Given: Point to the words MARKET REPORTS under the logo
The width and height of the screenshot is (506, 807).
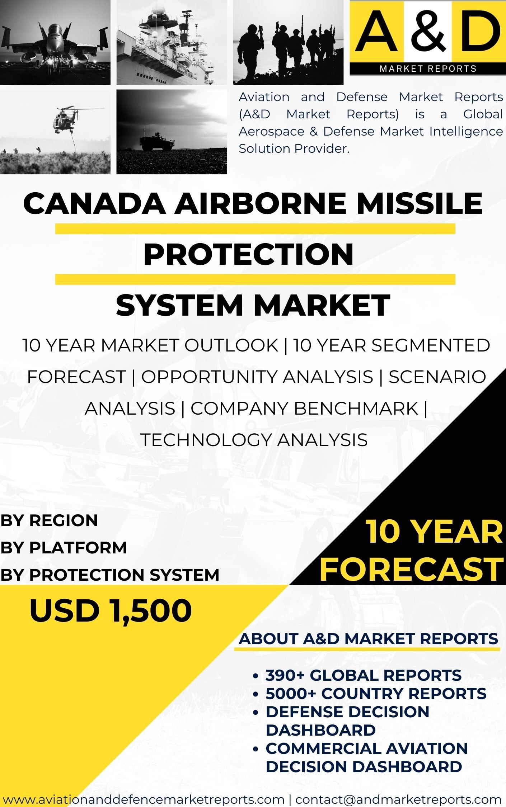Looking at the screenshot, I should click(428, 69).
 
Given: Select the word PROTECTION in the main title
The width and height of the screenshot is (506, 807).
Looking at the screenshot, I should click(248, 254).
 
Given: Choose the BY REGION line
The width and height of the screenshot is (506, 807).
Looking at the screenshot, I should click(49, 520).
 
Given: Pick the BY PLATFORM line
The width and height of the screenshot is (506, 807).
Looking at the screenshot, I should click(64, 548).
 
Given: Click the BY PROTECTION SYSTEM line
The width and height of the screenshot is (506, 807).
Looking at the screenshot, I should click(109, 575).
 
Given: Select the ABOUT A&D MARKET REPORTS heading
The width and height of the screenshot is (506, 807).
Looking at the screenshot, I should click(368, 639).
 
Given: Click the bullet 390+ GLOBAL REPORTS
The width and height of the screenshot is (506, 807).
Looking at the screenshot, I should click(363, 675).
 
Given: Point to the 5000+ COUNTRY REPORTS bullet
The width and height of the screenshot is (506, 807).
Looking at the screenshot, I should click(376, 693).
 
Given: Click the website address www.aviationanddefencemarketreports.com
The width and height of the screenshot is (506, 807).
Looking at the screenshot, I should click(144, 799).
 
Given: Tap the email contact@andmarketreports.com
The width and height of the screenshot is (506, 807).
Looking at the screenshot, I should click(398, 799).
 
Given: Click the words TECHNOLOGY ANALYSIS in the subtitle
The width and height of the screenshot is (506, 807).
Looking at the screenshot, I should click(254, 440).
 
